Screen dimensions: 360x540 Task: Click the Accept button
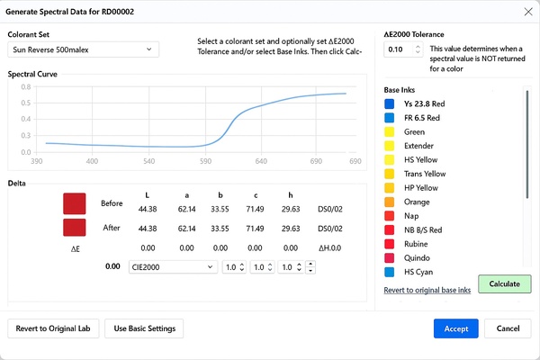(x=455, y=328)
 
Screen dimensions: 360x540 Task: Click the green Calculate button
(x=504, y=283)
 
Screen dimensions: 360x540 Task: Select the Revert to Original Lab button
(x=52, y=328)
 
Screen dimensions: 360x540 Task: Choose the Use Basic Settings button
(x=145, y=328)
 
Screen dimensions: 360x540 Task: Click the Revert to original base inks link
(x=427, y=290)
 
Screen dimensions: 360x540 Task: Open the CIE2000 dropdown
(x=173, y=266)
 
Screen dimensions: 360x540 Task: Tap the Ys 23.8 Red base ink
(x=425, y=104)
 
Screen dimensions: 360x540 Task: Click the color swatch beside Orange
(x=390, y=202)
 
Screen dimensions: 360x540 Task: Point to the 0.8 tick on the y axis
(x=26, y=88)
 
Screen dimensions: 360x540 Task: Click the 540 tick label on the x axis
(x=148, y=161)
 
